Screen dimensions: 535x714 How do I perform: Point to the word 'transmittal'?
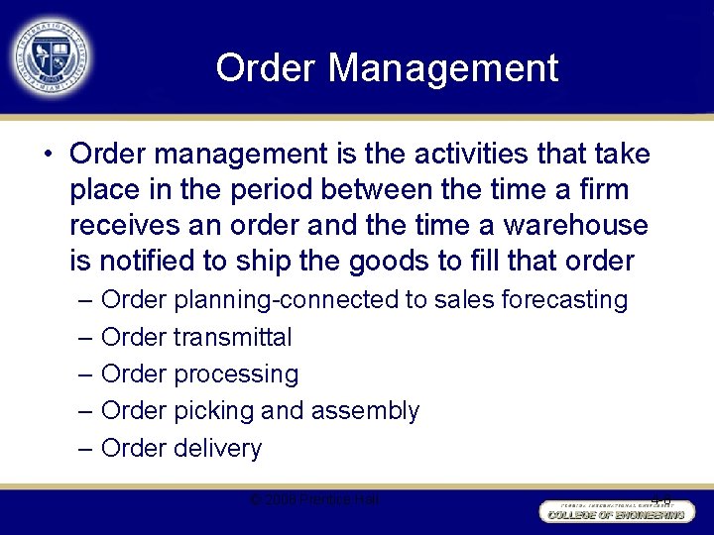coord(232,337)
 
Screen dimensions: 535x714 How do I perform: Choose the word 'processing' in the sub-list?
coord(235,374)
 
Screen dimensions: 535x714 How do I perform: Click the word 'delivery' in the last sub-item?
coord(217,448)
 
